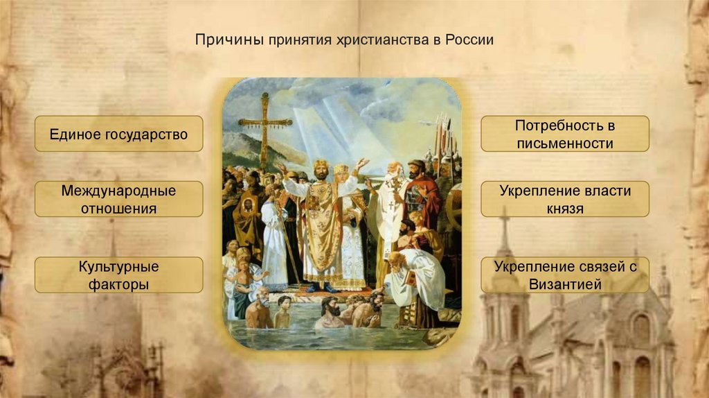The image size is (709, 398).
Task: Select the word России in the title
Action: (470, 40)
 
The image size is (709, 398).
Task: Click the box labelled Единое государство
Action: (118, 134)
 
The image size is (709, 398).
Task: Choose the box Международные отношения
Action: (118, 199)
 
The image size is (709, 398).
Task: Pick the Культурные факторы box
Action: (118, 275)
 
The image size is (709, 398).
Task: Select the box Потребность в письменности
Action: (564, 135)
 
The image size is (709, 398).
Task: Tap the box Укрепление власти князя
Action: (564, 199)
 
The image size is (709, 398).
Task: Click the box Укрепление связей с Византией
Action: (564, 275)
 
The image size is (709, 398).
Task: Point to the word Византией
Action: (564, 284)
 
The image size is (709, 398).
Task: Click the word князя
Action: (564, 208)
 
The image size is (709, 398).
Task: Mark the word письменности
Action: (564, 144)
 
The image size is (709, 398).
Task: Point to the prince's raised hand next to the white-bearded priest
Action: (362, 164)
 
